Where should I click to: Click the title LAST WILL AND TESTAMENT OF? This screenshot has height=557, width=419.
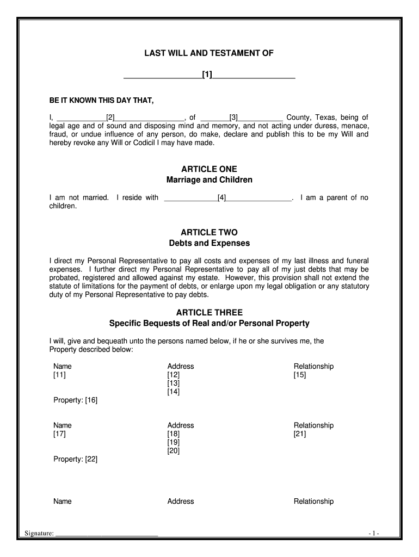pos(209,53)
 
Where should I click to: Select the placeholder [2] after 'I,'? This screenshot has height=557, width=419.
pos(110,117)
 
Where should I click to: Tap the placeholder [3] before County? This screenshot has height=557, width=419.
pos(233,117)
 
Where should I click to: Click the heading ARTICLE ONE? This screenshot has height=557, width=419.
pos(209,169)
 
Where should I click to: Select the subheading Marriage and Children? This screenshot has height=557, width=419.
pos(209,180)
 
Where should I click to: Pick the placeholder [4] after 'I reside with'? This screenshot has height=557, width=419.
pos(221,198)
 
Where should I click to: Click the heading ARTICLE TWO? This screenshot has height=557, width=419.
pos(209,232)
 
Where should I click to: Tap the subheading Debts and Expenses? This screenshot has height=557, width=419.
pos(209,243)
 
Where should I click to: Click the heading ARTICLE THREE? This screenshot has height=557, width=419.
pos(209,313)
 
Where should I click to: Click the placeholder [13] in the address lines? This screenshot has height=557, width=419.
pos(173,383)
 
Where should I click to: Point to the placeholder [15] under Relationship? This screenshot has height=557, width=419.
pos(300,375)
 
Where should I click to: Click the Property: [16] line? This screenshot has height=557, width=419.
pos(75,400)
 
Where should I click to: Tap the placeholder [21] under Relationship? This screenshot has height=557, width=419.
pos(300,434)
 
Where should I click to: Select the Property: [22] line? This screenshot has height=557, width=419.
pos(75,459)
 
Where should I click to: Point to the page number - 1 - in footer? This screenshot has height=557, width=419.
pos(373,534)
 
